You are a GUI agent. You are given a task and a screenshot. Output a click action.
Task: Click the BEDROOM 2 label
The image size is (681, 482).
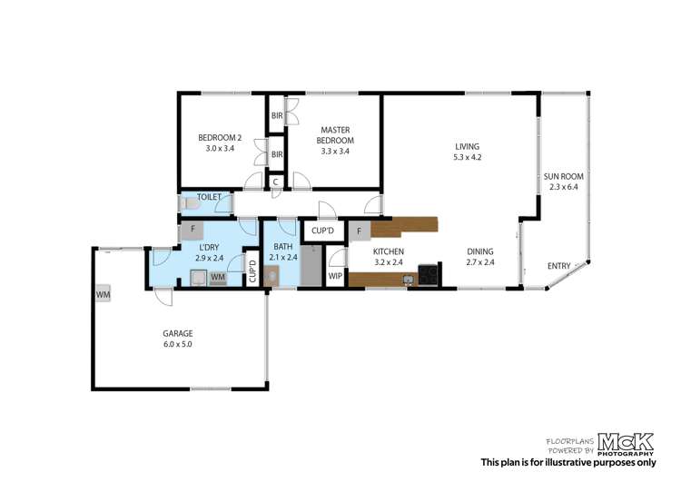click(220, 143)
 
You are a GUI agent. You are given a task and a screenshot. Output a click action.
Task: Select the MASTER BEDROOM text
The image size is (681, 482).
click(334, 135)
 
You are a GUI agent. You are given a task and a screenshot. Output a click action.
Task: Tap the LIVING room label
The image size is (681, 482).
click(467, 151)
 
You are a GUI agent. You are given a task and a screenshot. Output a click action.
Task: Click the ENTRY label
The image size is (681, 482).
click(559, 266)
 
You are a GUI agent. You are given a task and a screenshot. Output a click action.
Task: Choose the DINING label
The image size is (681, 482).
click(481, 257)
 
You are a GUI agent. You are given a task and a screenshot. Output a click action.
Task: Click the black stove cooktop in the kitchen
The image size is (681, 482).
click(429, 274)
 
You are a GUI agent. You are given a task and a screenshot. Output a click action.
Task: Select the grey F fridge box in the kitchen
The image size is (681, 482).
click(359, 231)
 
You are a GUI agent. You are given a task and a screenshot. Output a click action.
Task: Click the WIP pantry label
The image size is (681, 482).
click(335, 275)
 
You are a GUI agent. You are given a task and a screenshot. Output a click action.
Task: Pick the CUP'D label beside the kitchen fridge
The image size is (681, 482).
click(321, 231)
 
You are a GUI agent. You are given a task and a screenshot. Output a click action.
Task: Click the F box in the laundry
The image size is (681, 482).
click(192, 231)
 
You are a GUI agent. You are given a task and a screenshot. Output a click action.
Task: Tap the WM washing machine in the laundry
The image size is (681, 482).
click(217, 279)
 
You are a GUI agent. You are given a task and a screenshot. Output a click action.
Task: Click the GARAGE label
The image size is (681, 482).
click(177, 339)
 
